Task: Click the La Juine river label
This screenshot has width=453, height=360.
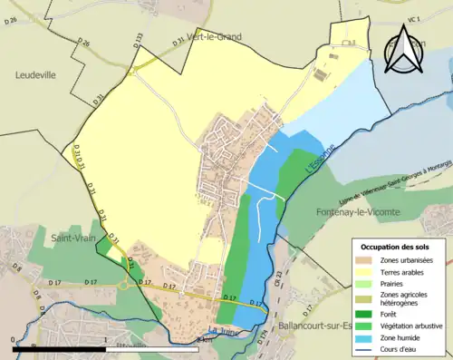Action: [222, 330]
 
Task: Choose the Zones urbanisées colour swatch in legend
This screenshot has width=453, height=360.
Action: [368, 260]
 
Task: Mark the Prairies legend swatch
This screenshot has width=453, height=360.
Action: [368, 283]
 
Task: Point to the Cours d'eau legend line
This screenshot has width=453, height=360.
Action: [368, 348]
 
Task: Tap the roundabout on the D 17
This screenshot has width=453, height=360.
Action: [123, 259]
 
